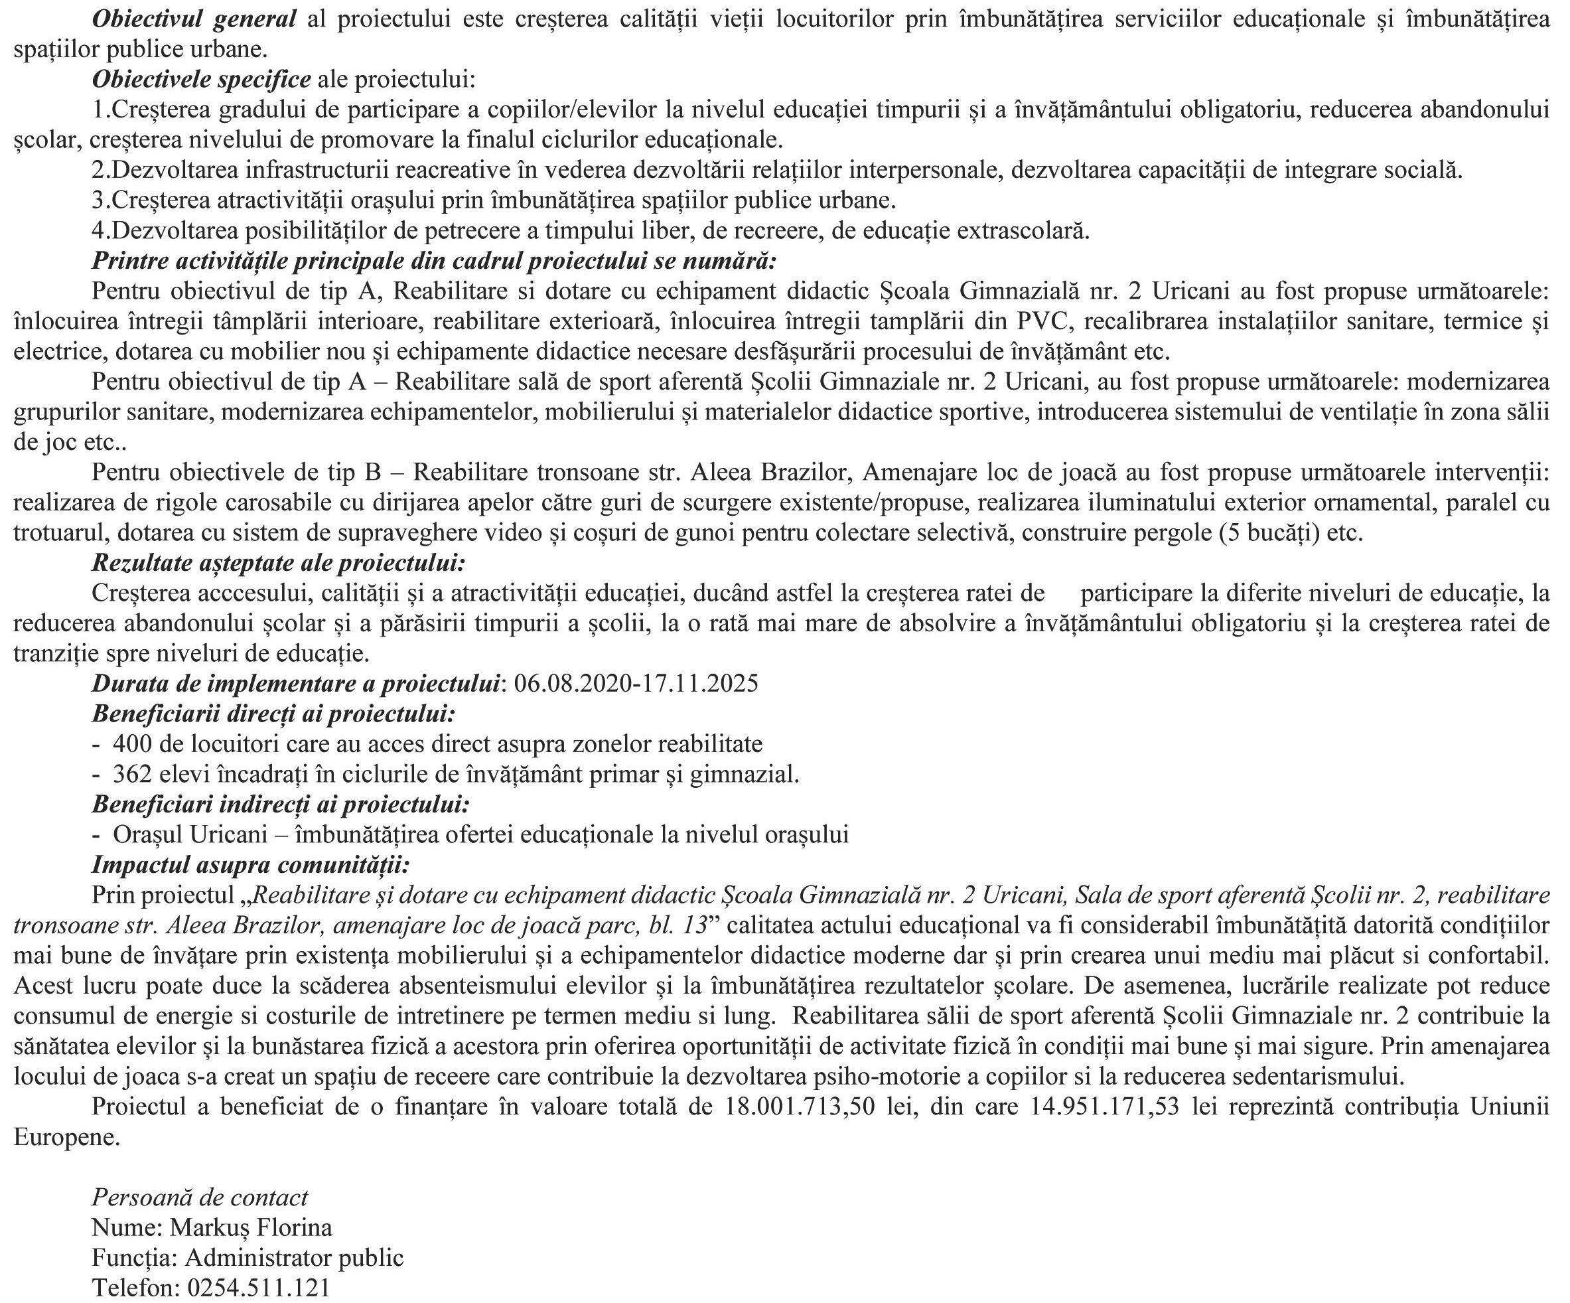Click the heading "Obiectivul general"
(194, 19)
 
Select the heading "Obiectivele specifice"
(201, 79)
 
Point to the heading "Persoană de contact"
(200, 1197)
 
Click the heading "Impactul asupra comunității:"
(250, 865)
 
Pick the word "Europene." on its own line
(66, 1138)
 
